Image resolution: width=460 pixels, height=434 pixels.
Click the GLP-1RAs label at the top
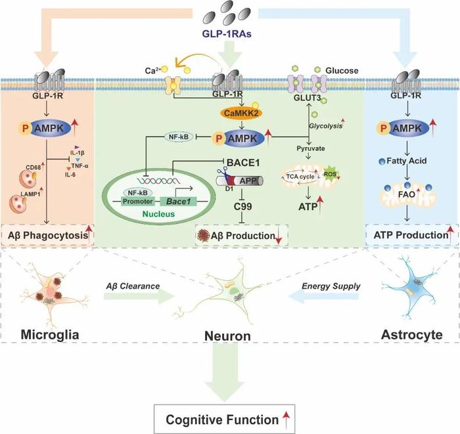coord(227,34)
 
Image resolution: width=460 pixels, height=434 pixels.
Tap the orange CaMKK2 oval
coord(241,113)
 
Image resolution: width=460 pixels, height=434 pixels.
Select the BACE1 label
coord(243,162)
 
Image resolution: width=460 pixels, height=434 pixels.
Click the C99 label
coord(242,206)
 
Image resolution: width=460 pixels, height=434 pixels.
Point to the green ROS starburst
coord(330,175)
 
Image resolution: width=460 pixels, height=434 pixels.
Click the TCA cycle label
coord(300,177)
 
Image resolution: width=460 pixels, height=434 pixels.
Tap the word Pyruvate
coord(311,148)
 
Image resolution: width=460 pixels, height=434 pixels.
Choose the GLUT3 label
coord(307,98)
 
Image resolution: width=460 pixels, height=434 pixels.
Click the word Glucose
coord(342,71)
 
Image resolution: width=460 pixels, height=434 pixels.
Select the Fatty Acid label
coord(406,161)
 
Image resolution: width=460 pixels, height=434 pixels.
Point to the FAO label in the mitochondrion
coord(407,194)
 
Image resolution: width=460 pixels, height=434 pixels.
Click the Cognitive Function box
coord(225,419)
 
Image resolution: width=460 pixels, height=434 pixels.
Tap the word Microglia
coord(50,335)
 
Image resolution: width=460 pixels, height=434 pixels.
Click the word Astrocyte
coord(411,335)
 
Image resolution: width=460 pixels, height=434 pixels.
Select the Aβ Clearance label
coord(133,286)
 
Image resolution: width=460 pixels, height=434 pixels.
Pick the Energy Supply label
coord(331,286)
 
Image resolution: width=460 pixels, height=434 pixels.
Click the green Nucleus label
coord(158,214)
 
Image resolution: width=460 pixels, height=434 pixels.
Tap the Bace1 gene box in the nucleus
coord(178,202)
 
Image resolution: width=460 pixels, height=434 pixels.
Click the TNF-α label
coord(80,166)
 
